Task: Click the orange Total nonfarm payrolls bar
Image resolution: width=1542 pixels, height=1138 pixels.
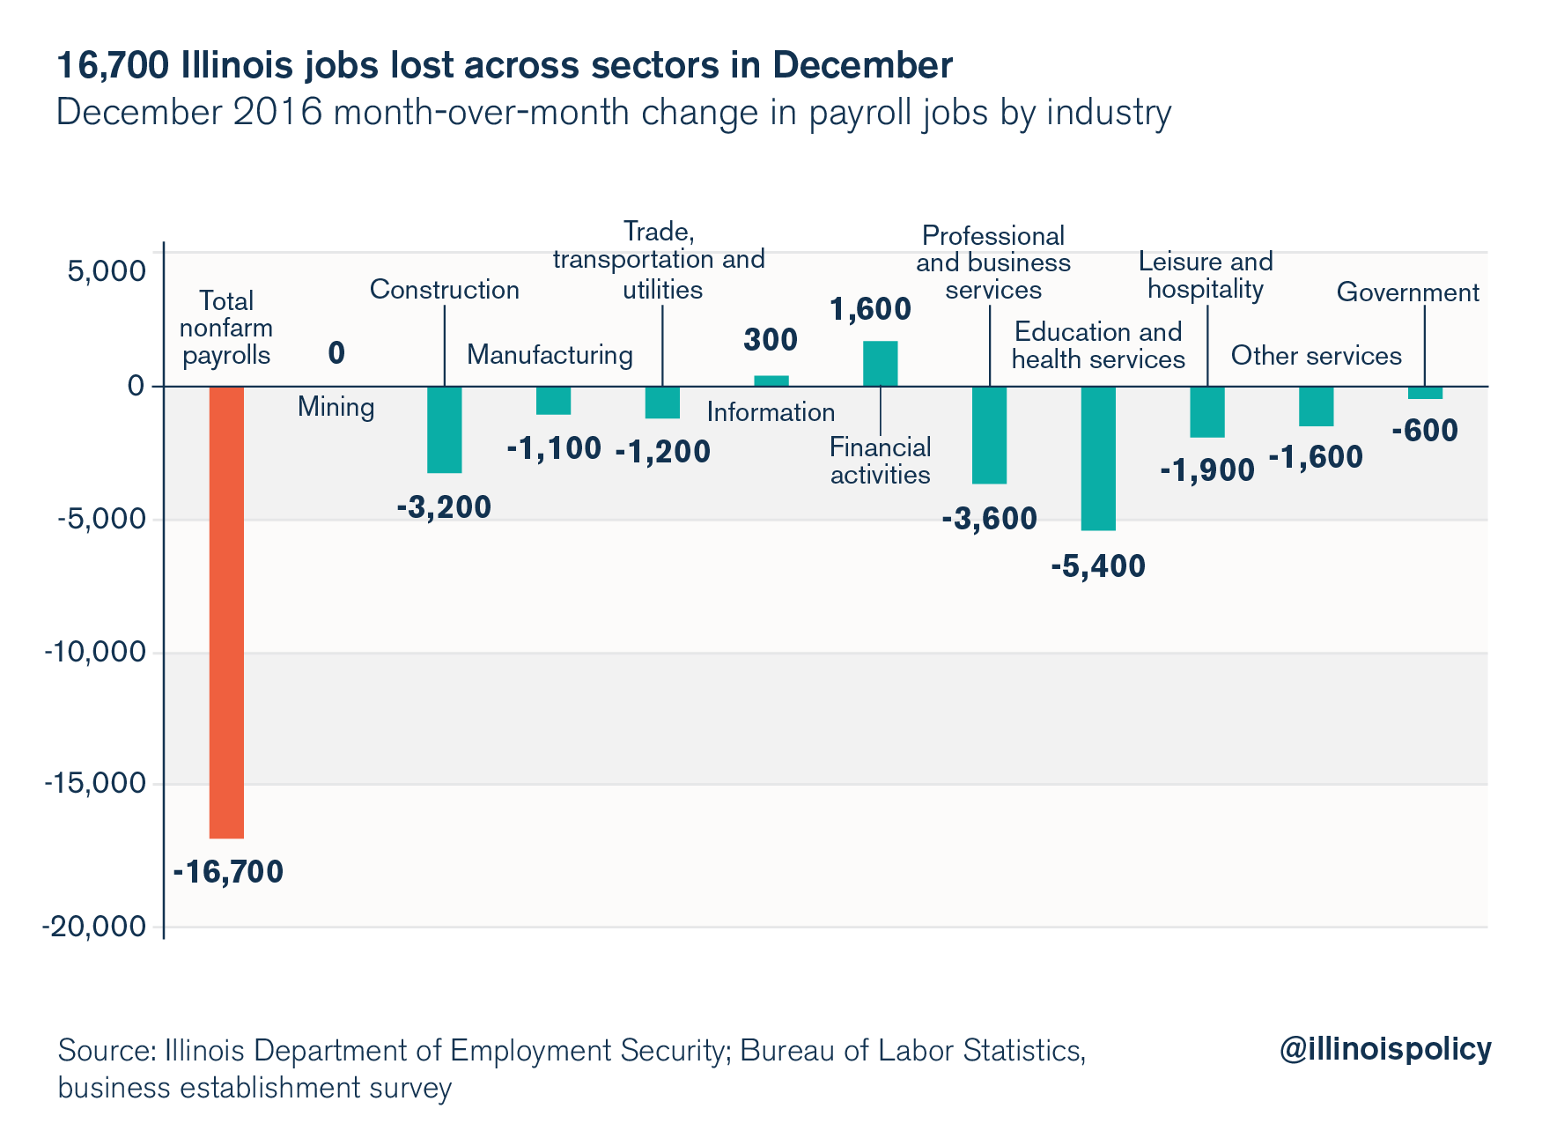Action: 226,611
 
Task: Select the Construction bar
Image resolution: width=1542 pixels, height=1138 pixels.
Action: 444,429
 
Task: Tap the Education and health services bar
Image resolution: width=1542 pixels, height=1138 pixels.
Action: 1098,458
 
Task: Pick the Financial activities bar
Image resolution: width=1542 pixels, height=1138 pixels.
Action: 880,363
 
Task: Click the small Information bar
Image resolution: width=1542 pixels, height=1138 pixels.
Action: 771,381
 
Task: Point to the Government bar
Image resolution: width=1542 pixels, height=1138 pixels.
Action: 1425,393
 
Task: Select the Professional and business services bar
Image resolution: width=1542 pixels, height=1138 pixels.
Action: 989,434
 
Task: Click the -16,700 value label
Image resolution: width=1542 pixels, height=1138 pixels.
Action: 228,872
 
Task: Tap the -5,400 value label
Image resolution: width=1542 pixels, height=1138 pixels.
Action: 1098,566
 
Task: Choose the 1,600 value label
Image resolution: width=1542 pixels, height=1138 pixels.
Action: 870,309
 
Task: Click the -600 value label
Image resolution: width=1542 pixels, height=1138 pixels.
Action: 1425,431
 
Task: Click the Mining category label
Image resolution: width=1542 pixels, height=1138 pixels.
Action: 336,407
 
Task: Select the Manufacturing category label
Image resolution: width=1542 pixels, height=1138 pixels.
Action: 550,355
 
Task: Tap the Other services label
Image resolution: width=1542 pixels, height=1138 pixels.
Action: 1316,356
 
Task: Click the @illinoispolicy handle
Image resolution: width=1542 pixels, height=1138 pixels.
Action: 1384,1049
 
